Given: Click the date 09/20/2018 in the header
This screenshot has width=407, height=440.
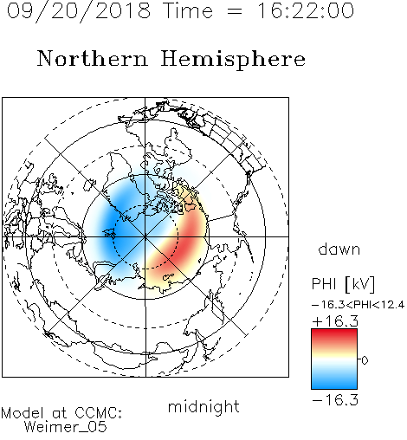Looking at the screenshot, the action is [x=79, y=11].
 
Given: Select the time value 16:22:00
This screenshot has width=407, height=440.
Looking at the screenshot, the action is [x=306, y=10].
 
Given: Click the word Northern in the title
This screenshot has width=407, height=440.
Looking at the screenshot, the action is [x=93, y=58].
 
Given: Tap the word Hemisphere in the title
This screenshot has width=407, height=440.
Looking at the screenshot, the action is [x=233, y=60].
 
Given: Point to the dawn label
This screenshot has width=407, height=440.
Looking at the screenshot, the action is [x=339, y=249].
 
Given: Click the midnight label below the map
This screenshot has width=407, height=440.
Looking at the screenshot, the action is [x=203, y=407].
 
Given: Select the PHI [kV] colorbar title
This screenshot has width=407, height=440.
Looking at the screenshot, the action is [x=343, y=284].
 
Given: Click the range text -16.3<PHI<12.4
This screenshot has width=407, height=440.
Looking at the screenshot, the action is [x=358, y=305].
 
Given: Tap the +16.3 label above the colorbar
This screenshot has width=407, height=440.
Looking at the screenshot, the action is [x=335, y=321].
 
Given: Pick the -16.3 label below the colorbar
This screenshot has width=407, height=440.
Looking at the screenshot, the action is [x=335, y=400].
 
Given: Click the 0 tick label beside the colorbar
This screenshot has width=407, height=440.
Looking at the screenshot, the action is [x=365, y=360].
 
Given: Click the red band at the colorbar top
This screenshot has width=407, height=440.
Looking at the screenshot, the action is [x=334, y=335].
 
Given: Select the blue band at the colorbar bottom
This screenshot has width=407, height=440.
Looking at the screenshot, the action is [x=334, y=383].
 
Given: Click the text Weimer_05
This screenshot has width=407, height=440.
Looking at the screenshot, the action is [x=66, y=427].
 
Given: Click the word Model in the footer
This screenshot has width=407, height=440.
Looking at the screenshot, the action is [x=23, y=413].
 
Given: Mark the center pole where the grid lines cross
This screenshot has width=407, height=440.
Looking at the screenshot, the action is [x=145, y=236].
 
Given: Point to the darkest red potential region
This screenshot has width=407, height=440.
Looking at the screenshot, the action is [x=191, y=236].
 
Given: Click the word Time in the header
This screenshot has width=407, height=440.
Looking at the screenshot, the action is [x=188, y=10].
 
